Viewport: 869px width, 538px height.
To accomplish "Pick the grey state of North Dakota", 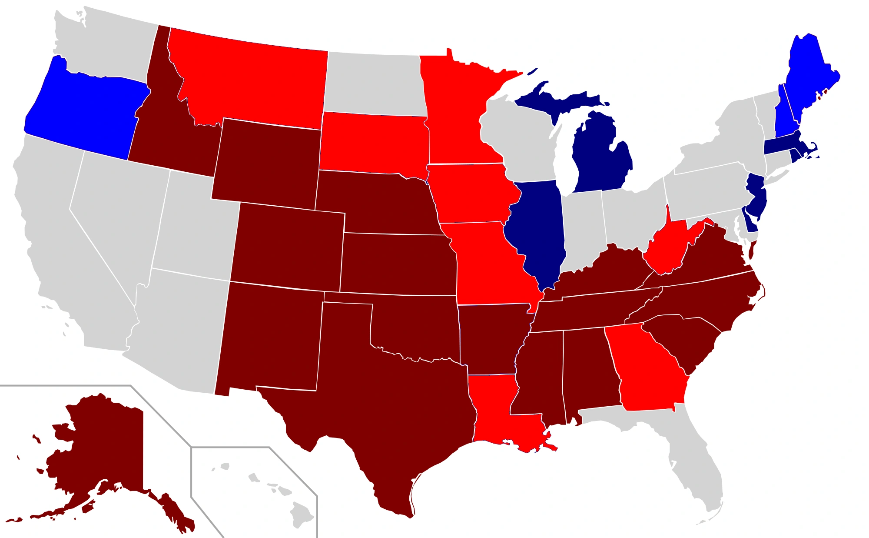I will pyautogui.click(x=374, y=83).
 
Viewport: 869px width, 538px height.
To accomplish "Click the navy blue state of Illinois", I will pyautogui.click(x=539, y=231).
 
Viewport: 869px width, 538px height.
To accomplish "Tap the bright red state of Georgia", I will pyautogui.click(x=647, y=370).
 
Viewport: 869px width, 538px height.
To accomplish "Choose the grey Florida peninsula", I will pyautogui.click(x=695, y=461).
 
